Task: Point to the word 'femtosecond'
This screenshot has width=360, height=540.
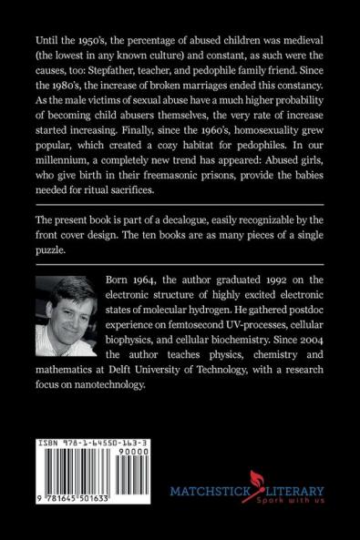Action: [x=158, y=335]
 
